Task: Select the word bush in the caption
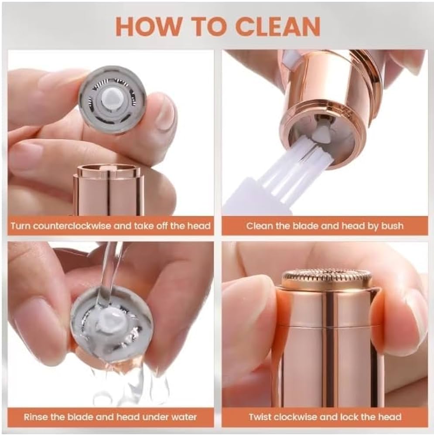pos(393,226)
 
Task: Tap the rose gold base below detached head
pos(108,190)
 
